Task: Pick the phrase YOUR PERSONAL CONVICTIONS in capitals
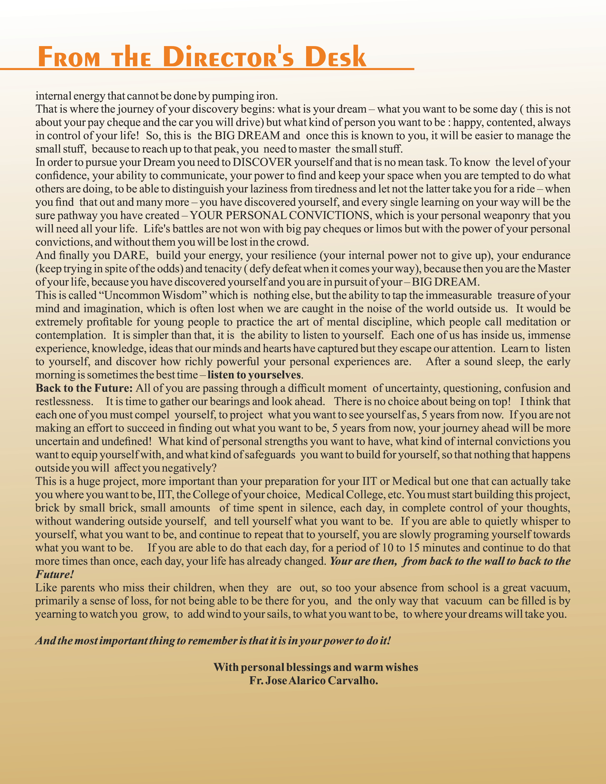tap(279, 215)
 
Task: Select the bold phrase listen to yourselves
tap(254, 375)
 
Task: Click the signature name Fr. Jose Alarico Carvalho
tap(313, 681)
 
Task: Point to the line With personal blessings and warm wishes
tap(316, 667)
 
